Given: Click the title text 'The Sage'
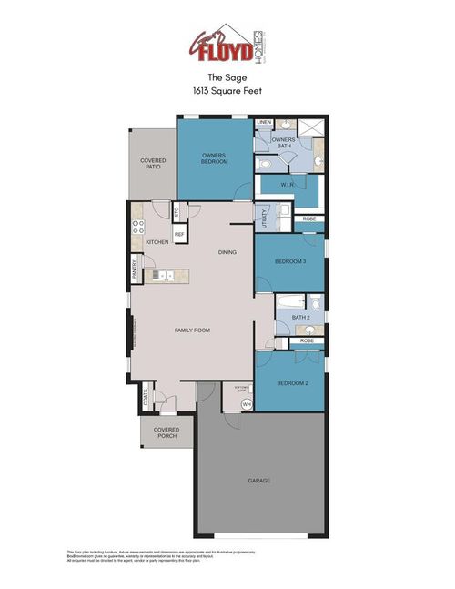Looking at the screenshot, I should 227,79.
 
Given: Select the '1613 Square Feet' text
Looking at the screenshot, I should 227,92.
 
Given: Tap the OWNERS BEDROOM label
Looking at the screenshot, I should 214,158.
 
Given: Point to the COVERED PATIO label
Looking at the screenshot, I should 153,163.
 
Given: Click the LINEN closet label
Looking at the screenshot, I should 265,122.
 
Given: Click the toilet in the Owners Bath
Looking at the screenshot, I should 262,164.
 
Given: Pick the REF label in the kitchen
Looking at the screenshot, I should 179,235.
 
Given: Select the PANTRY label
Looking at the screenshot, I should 134,269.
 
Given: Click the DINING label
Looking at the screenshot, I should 227,252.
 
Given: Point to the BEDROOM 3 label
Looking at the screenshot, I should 290,261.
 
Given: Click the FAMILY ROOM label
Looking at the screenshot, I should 192,330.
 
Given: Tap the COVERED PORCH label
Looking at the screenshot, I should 166,432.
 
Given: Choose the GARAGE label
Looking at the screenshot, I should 258,480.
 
